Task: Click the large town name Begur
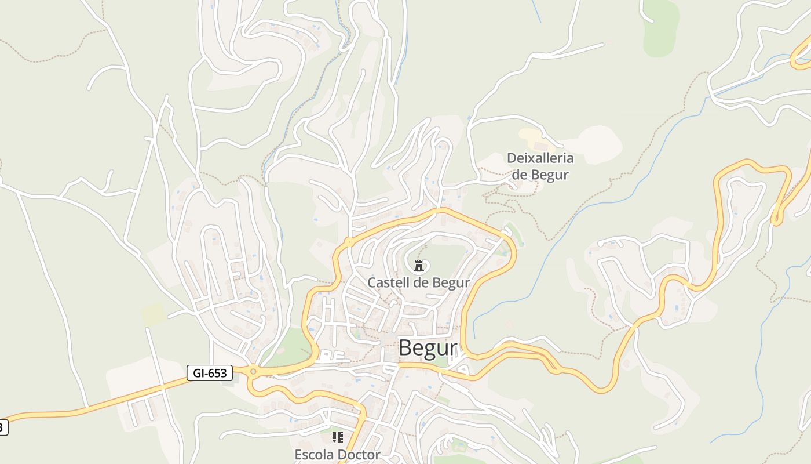point(428,348)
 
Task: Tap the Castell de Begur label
point(418,282)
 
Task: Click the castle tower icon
point(418,266)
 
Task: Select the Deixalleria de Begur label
point(540,166)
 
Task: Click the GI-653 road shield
point(210,373)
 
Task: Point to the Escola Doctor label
point(337,454)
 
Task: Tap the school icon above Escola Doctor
point(337,437)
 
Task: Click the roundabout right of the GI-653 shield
point(253,371)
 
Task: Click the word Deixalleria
point(540,158)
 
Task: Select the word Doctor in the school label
point(360,454)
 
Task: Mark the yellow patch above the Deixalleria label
point(531,138)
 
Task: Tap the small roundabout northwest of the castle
point(349,241)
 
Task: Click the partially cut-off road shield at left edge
point(3,427)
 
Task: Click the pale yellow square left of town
point(154,314)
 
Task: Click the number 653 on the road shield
point(217,373)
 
